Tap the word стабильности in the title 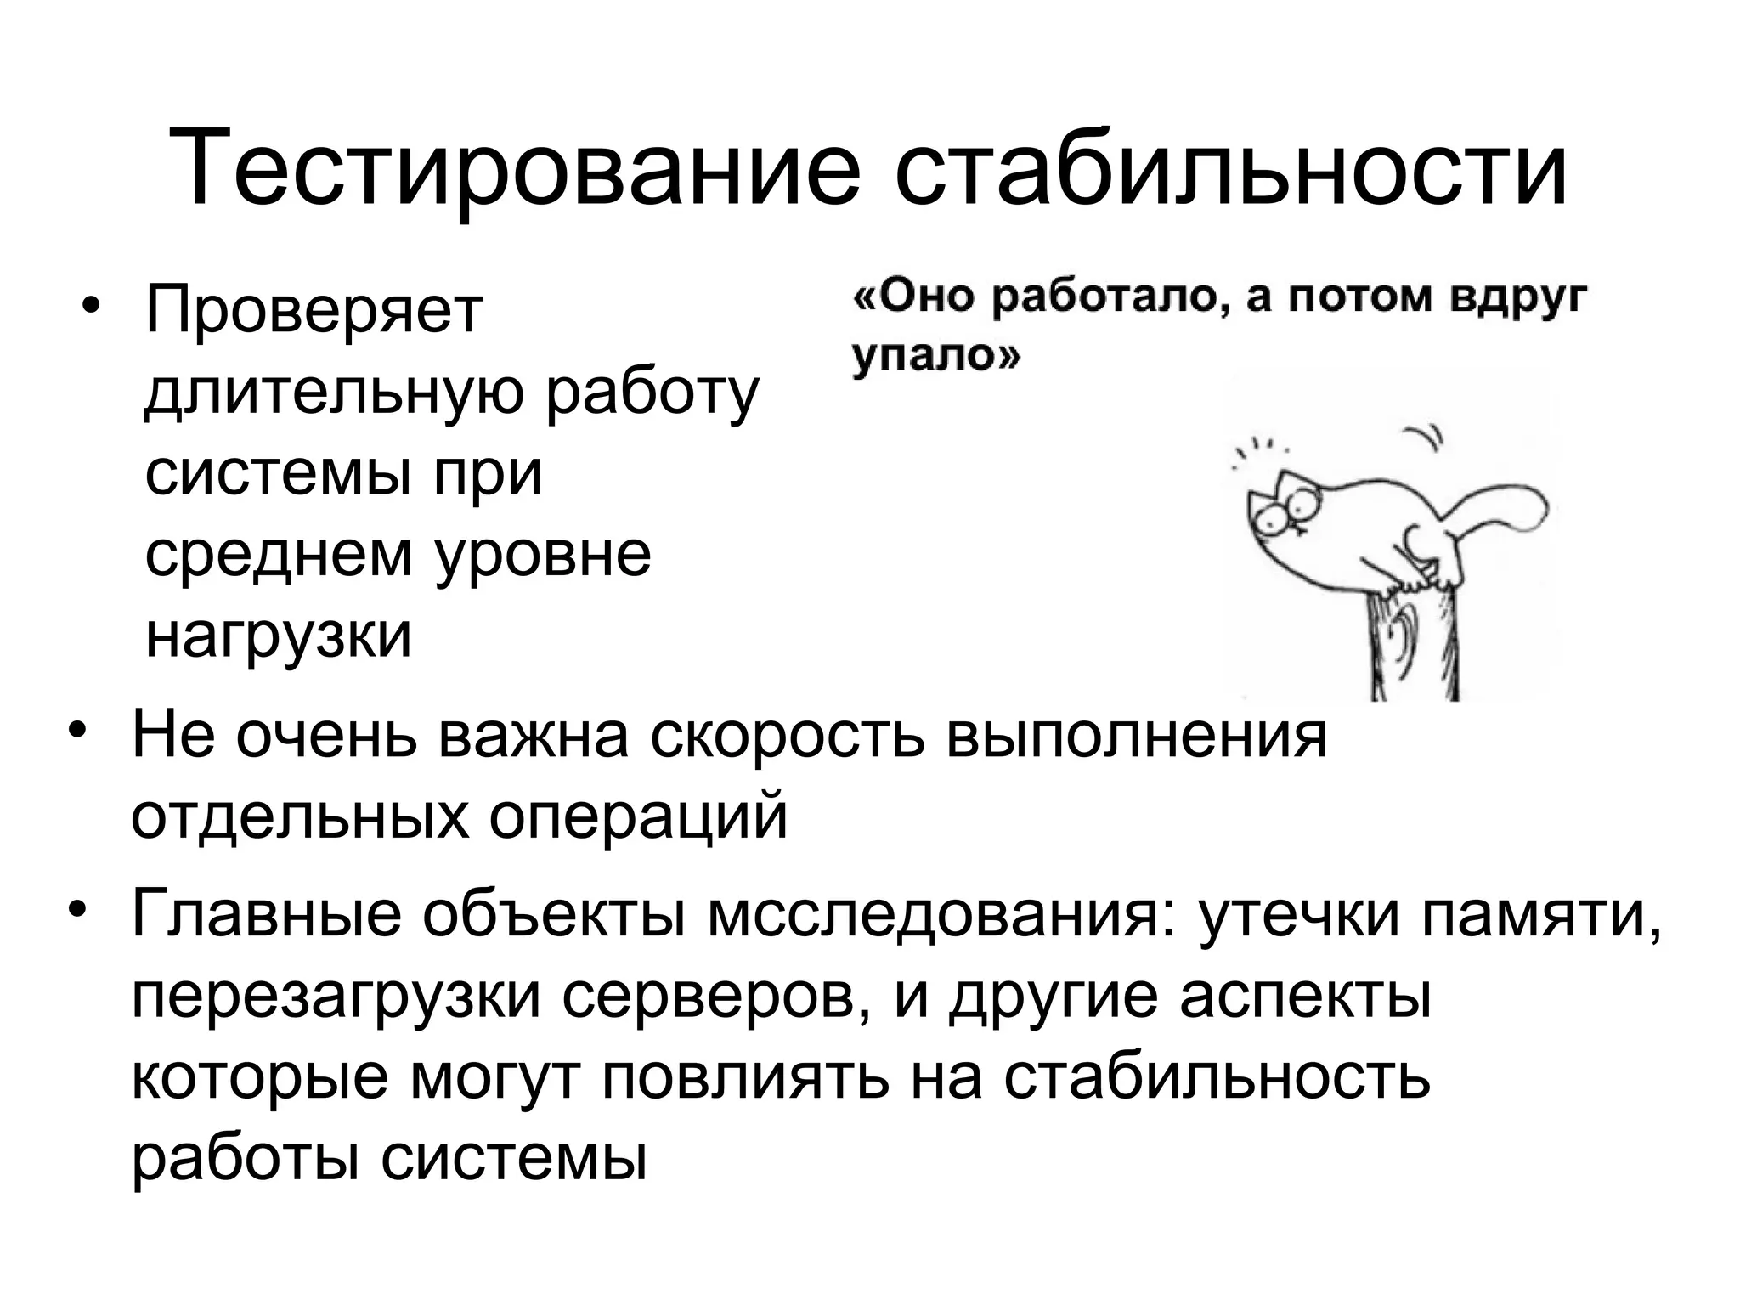tap(1230, 168)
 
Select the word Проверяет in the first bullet tap(314, 313)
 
